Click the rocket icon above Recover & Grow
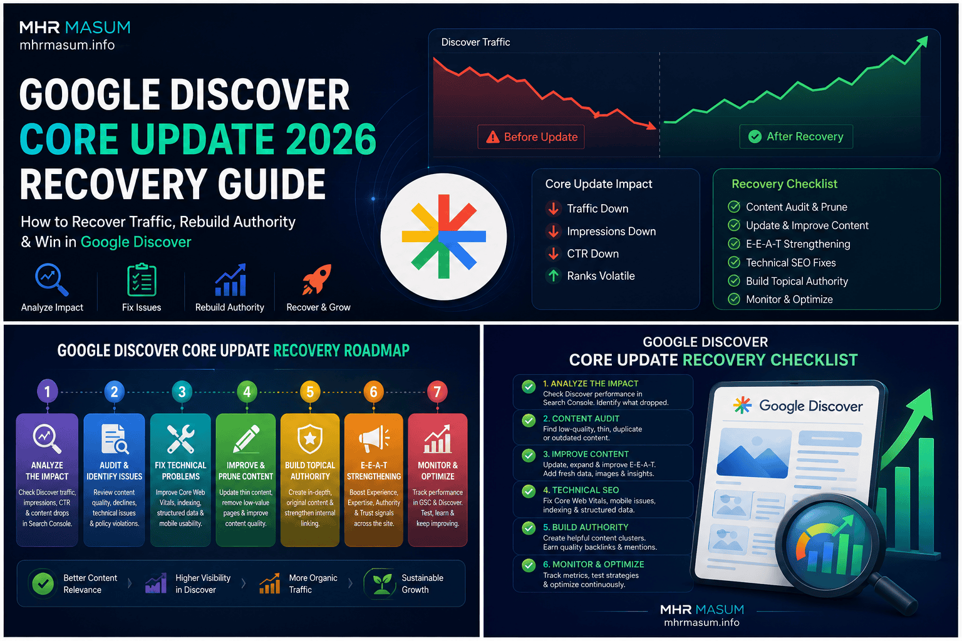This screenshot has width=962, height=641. coord(317,279)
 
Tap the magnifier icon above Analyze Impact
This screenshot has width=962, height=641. coord(51,279)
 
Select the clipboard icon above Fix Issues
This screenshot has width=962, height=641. coord(142,279)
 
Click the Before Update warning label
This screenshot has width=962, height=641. coord(531,137)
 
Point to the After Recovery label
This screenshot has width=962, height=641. coord(796,136)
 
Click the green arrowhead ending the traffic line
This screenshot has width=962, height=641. coord(923,43)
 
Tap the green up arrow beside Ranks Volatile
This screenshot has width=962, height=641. coord(554,275)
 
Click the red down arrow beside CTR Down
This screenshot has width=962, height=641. coord(554,254)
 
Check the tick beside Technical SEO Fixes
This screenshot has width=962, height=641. coord(734,262)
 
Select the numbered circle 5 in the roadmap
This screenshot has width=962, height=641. coord(310,392)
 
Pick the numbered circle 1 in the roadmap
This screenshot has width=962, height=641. coord(47,391)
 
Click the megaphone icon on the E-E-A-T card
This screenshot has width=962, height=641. coord(374,439)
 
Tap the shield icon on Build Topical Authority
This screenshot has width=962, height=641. coord(310,439)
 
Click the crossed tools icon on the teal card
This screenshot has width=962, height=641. coord(181,439)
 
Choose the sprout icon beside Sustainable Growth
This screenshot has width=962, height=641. coord(381,584)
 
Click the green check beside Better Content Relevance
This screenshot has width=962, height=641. coord(43,583)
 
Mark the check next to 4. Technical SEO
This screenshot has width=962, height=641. coord(529,491)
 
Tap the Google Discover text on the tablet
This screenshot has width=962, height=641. coord(810,406)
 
